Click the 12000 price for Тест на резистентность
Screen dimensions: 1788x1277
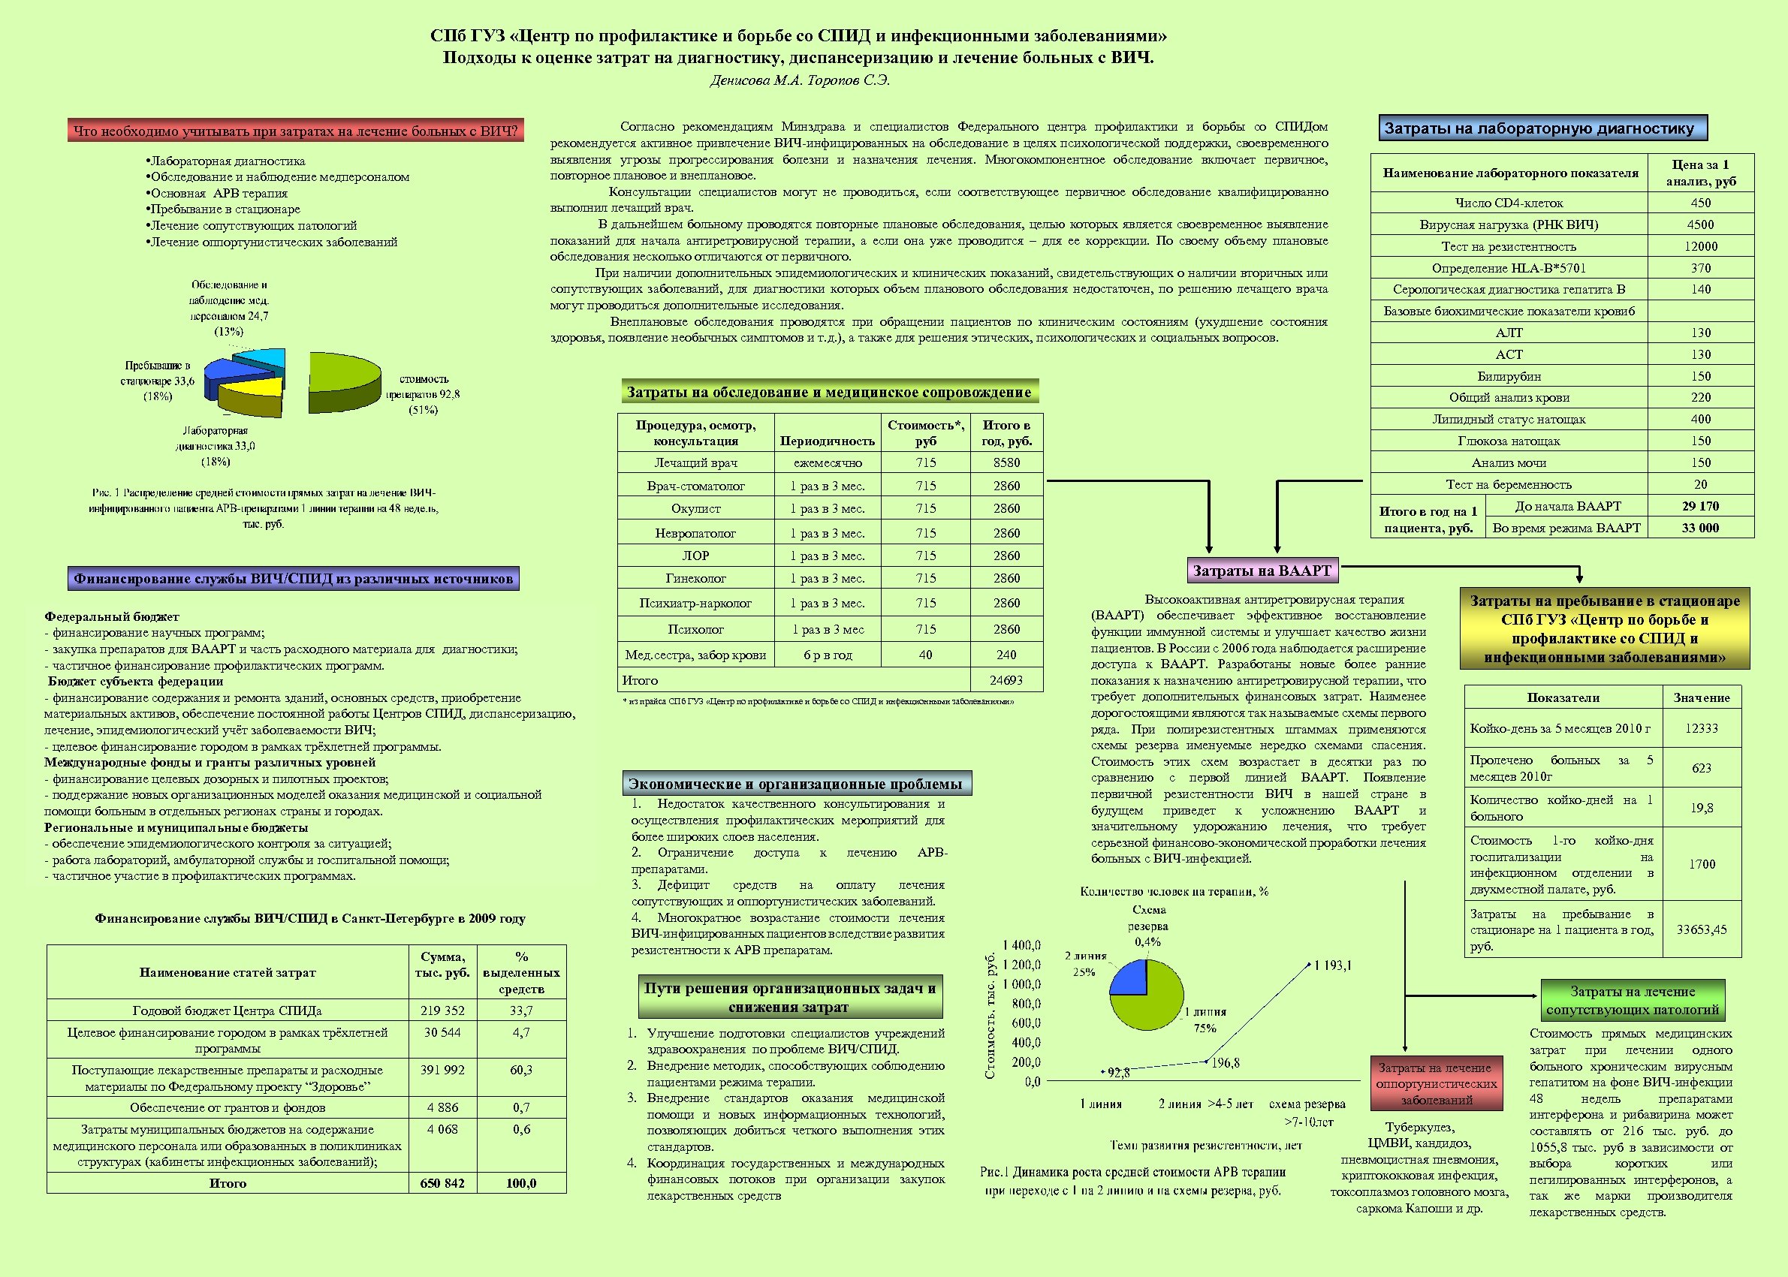(1701, 246)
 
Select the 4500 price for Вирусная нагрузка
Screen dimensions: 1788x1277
(1701, 225)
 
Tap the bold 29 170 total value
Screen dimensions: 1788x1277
(1700, 507)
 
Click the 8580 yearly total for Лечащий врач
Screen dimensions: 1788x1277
(1006, 463)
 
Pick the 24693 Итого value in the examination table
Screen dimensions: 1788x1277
(1006, 680)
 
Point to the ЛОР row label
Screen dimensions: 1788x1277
(695, 556)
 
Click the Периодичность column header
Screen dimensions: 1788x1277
(827, 441)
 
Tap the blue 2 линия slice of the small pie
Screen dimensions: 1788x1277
(1129, 979)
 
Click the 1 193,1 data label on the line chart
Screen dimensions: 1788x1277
(1334, 965)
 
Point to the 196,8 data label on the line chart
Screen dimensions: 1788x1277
(1226, 1063)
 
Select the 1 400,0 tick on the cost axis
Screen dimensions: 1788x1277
(1022, 945)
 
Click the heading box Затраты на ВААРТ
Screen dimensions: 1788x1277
(1262, 571)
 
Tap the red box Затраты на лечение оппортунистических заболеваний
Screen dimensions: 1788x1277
(1437, 1083)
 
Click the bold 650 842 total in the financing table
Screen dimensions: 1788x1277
(442, 1182)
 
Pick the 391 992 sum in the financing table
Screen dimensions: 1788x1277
(442, 1071)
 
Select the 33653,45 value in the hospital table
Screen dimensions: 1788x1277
(1702, 929)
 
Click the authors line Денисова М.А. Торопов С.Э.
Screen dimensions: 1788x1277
(800, 80)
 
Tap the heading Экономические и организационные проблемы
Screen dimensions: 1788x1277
(795, 784)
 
